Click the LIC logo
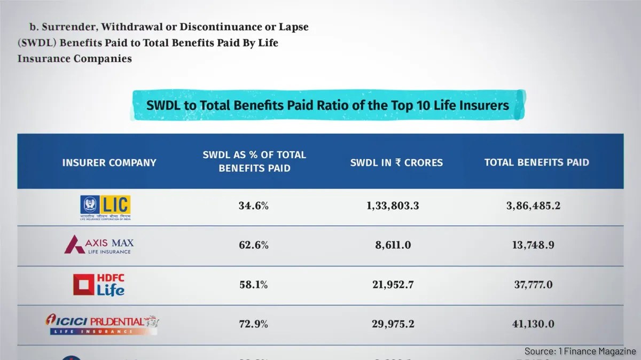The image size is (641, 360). pos(105,207)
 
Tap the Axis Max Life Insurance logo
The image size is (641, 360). pos(99,245)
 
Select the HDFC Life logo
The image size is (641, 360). pos(99,285)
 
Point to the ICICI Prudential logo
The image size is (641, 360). pos(101,324)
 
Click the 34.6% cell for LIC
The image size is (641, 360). pos(254,206)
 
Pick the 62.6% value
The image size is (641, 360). pos(254,246)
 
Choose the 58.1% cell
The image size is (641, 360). pos(254,285)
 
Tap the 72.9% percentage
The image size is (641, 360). pos(254,324)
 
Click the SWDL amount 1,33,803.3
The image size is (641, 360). pos(393,206)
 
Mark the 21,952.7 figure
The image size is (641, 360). pos(393,285)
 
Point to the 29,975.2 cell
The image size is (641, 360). pos(393,324)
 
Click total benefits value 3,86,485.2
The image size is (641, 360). pos(533,206)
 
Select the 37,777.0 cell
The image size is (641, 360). pos(533,285)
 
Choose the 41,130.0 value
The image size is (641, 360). pos(533,324)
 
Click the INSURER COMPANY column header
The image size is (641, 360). pos(109,162)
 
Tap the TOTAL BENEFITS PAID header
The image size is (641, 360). pos(536,162)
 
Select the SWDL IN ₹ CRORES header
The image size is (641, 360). pos(396,162)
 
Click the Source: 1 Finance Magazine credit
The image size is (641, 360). pos(580,351)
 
